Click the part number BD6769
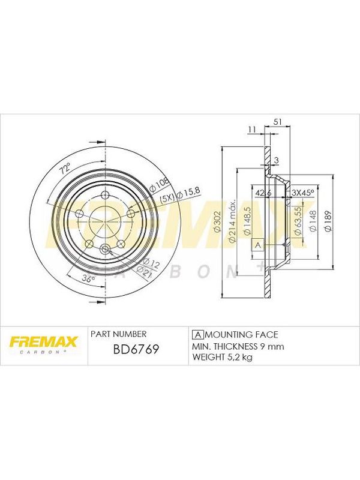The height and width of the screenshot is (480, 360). point(136,349)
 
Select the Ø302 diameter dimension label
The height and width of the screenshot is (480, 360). point(218,222)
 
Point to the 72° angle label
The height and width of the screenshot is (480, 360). point(65,169)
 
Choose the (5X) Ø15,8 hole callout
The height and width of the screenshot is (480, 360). point(181,194)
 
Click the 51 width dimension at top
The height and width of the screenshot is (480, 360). point(277,122)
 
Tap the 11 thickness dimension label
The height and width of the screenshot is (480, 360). point(252,130)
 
